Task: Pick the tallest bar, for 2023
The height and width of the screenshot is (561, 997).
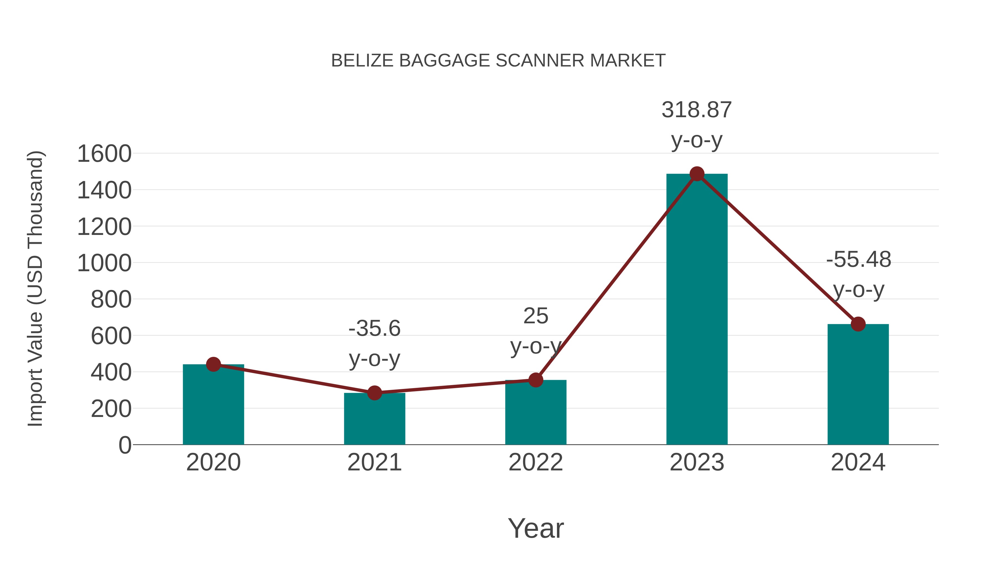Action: (x=697, y=310)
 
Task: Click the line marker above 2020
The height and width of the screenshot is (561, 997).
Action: (x=213, y=364)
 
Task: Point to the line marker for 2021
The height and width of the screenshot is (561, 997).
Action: (x=374, y=393)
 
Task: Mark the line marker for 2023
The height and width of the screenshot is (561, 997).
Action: (x=697, y=174)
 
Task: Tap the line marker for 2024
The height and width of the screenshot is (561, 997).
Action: (x=858, y=324)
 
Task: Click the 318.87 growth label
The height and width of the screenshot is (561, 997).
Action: (x=697, y=110)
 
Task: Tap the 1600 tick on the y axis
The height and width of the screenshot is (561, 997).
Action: (x=104, y=154)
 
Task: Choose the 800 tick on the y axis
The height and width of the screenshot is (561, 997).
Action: (x=111, y=299)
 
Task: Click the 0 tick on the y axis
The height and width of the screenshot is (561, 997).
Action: (x=125, y=445)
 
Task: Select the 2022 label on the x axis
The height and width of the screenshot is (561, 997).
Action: (x=536, y=462)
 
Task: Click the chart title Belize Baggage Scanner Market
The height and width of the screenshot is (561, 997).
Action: (x=498, y=61)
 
